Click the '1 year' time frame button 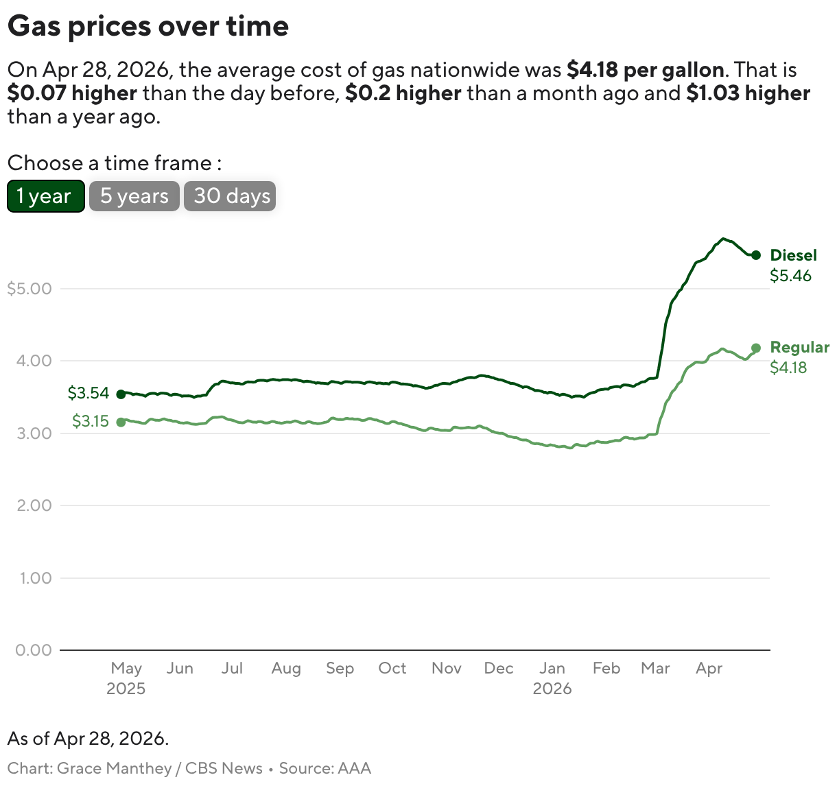(45, 196)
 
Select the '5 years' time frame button (134, 196)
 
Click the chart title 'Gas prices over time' (148, 26)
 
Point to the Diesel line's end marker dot (756, 255)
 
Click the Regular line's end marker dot (756, 348)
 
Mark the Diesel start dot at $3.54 (121, 394)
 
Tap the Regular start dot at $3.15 (121, 422)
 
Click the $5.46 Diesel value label (790, 276)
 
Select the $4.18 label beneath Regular (788, 368)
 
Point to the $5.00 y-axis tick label (30, 289)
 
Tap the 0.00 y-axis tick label (34, 650)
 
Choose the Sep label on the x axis (340, 668)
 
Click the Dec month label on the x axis (499, 668)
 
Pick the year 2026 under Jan (552, 689)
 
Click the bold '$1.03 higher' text (748, 93)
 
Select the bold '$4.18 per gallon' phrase (645, 70)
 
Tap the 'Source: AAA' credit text (325, 768)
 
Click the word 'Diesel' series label (793, 255)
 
